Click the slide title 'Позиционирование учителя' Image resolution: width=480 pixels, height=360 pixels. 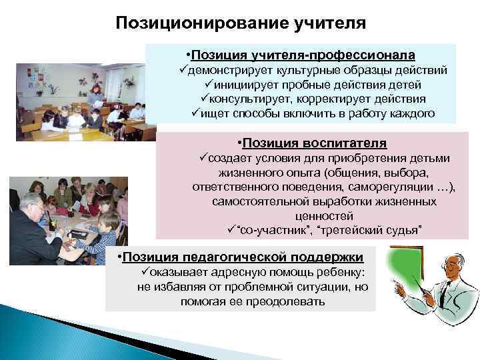241,24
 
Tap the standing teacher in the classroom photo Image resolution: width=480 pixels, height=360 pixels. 95,98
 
